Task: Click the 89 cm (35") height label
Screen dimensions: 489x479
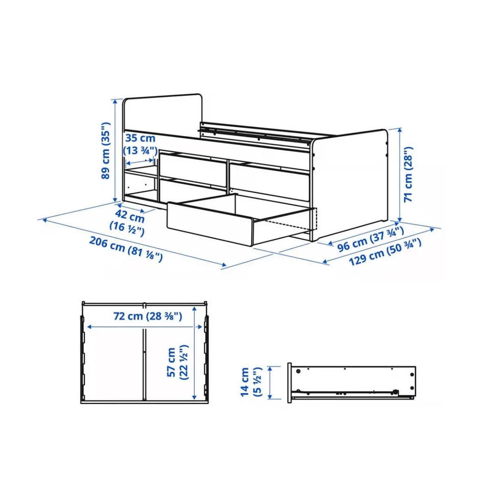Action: [105, 150]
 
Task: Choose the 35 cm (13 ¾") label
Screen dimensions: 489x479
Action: [140, 144]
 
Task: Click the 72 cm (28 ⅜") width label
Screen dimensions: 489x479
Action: [147, 316]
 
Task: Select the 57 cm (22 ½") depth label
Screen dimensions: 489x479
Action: [178, 362]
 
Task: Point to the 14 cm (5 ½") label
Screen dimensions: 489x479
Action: [250, 382]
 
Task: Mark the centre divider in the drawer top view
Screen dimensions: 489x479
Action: [144, 363]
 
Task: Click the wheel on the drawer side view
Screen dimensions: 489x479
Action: [396, 392]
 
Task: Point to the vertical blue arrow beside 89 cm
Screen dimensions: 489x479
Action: [115, 150]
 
